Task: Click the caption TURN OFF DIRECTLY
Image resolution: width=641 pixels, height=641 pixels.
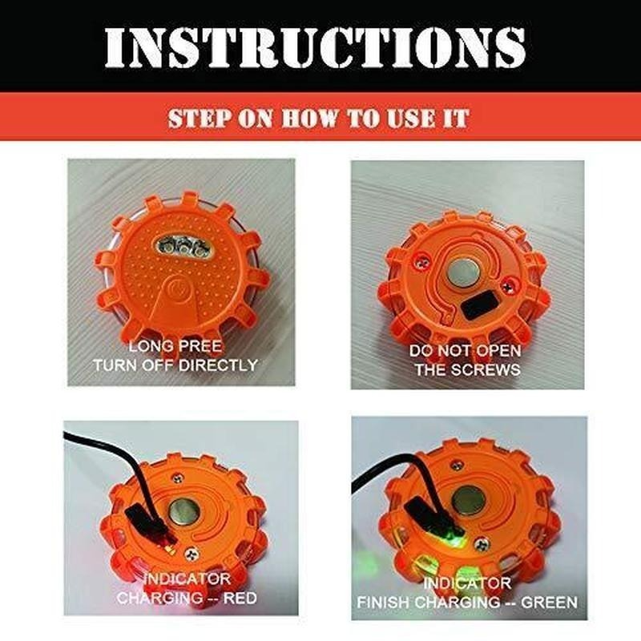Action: (175, 365)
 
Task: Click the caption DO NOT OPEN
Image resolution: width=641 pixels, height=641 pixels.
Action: (465, 351)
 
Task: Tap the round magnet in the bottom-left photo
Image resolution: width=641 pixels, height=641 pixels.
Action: (187, 509)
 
